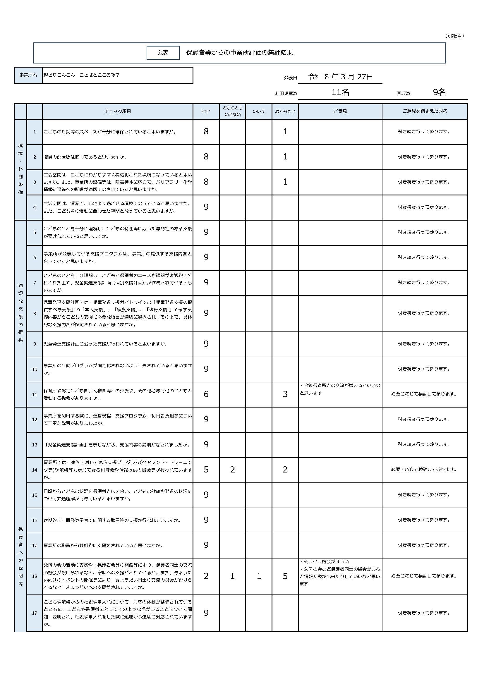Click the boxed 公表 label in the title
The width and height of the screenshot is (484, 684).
pyautogui.click(x=163, y=53)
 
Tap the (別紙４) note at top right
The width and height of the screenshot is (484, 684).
pyautogui.click(x=454, y=36)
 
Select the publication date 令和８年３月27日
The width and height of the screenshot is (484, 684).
pyautogui.click(x=340, y=77)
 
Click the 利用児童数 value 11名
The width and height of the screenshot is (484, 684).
pyautogui.click(x=340, y=92)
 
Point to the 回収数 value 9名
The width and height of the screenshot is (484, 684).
pyautogui.click(x=439, y=92)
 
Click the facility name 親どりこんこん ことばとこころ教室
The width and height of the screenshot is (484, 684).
pyautogui.click(x=82, y=75)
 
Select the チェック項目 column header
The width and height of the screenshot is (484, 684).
pyautogui.click(x=117, y=111)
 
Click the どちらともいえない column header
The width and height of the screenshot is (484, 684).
pyautogui.click(x=232, y=111)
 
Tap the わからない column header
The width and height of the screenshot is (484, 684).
pyautogui.click(x=285, y=111)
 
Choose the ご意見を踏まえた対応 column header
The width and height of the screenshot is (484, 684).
pyautogui.click(x=424, y=111)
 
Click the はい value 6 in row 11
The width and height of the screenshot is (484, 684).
pyautogui.click(x=206, y=394)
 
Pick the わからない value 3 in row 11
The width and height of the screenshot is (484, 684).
pyautogui.click(x=285, y=394)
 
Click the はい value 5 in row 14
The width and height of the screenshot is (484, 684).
pyautogui.click(x=206, y=470)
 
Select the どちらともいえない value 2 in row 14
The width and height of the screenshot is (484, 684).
pyautogui.click(x=232, y=470)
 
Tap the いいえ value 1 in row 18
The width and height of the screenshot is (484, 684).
pyautogui.click(x=259, y=576)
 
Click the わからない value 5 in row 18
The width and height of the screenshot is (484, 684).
pyautogui.click(x=285, y=576)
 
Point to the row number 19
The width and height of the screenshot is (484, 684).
pyautogui.click(x=35, y=613)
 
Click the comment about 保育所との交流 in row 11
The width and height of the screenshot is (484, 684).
pyautogui.click(x=340, y=389)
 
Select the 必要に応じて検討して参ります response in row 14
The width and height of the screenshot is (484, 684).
pyautogui.click(x=424, y=470)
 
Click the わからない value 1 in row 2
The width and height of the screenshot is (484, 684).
pyautogui.click(x=285, y=157)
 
